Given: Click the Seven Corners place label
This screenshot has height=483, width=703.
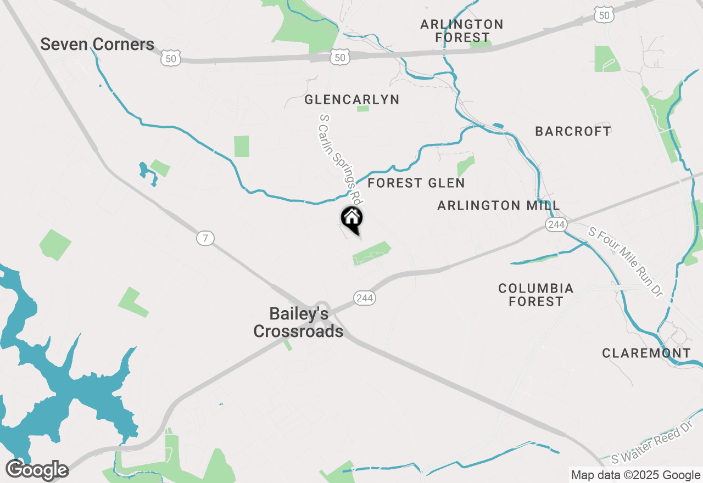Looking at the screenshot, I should click(97, 44).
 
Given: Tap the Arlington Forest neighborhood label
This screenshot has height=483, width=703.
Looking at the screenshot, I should click(462, 31).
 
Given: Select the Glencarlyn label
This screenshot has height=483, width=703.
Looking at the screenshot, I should click(352, 100).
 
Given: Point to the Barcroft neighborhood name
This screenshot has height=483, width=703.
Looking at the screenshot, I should click(573, 131).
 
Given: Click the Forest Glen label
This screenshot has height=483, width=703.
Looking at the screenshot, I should click(416, 183).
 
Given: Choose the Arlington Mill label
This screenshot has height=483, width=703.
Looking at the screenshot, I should click(499, 206).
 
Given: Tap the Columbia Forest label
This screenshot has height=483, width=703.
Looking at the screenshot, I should click(535, 295).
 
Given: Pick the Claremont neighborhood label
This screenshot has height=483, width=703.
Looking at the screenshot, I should click(646, 353).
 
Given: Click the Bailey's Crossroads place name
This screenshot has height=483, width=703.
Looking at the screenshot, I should click(298, 322).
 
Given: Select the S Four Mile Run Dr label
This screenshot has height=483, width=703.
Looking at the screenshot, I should click(626, 262).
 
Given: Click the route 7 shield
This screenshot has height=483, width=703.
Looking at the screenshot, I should click(205, 238).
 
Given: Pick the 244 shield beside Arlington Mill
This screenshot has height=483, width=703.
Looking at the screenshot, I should click(556, 224).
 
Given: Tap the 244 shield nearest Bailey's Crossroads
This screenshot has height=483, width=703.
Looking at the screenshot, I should click(365, 298).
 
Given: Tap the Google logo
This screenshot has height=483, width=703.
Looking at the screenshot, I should click(37, 470).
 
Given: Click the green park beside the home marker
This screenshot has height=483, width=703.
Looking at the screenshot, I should click(371, 253).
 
